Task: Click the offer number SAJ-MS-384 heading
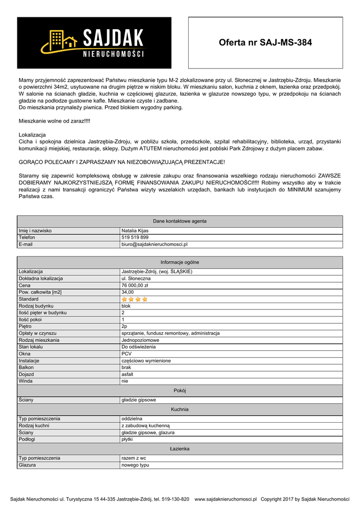click(265, 43)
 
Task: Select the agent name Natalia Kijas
click(135, 231)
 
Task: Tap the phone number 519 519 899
click(135, 238)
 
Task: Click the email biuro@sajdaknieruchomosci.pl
click(154, 245)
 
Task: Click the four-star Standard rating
click(135, 299)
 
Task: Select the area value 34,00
click(128, 293)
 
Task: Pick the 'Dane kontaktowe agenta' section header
click(180, 221)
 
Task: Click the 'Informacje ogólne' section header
click(180, 262)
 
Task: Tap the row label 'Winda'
click(25, 381)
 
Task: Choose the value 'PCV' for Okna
click(127, 354)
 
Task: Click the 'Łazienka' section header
click(180, 449)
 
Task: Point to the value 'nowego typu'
click(135, 465)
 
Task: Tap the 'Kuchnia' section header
click(180, 410)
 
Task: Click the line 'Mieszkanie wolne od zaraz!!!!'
click(55, 121)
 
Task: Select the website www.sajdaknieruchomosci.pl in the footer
click(225, 499)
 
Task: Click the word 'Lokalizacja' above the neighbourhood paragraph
click(32, 135)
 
